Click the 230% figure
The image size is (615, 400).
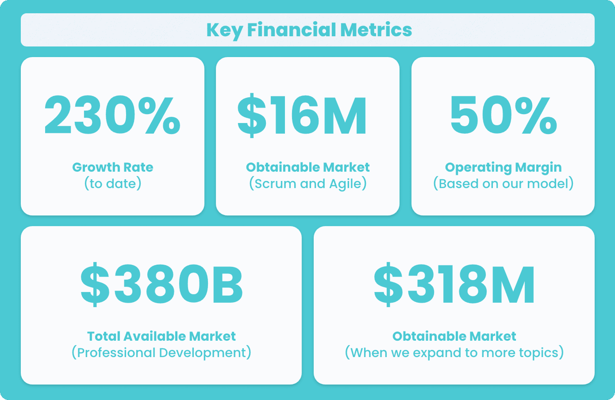point(112,115)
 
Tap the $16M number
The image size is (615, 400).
point(302,115)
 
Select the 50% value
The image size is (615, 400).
point(504,115)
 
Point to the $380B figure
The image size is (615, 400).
point(161,284)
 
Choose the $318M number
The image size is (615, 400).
point(454,284)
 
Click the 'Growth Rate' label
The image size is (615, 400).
point(113,167)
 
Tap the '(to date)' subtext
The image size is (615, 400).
point(113,184)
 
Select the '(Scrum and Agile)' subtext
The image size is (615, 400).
point(308,184)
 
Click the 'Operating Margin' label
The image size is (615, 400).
point(503,167)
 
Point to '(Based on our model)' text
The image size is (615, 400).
point(503,184)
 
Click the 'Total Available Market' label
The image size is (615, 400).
point(161,336)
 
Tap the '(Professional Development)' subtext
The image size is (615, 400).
point(161,353)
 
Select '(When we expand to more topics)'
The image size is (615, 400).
point(454,353)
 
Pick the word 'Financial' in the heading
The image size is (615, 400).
point(291,30)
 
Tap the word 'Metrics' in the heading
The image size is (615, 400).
point(376,30)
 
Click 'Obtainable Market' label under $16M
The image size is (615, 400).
point(308,167)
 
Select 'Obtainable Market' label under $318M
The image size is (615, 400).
point(454,336)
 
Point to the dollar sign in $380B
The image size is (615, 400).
point(95,284)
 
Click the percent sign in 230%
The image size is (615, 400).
point(159,115)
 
